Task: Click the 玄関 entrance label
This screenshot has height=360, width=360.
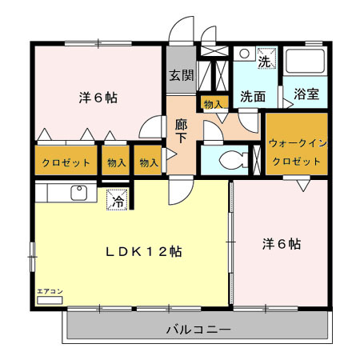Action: pyautogui.click(x=181, y=76)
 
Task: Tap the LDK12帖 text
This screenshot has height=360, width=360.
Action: pyautogui.click(x=144, y=251)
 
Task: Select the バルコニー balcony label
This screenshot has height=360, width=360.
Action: pyautogui.click(x=198, y=329)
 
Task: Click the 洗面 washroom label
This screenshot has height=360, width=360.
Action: pyautogui.click(x=253, y=95)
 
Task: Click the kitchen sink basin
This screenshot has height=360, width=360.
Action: pyautogui.click(x=79, y=193)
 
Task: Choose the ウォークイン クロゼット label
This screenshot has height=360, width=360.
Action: pyautogui.click(x=297, y=152)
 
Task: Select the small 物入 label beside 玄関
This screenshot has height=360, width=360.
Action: pyautogui.click(x=212, y=104)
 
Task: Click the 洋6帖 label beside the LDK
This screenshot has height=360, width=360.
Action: pyautogui.click(x=281, y=243)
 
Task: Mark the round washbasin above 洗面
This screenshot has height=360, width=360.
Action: pyautogui.click(x=245, y=55)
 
